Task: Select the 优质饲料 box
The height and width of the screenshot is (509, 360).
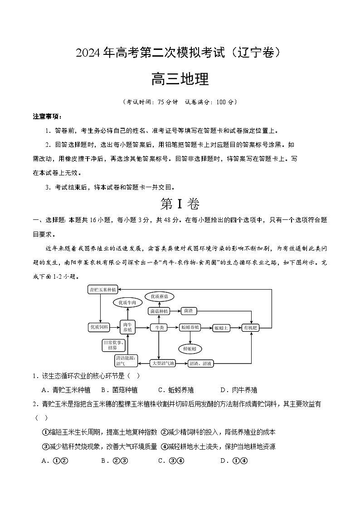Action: point(99,327)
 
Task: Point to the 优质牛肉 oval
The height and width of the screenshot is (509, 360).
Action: point(127,302)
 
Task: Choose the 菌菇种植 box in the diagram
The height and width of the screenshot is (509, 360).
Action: point(159,311)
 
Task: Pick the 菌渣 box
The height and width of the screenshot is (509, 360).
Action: point(188,311)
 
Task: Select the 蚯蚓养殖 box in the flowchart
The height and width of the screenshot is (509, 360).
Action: point(190,327)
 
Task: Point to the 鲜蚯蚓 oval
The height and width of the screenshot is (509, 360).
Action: point(190,348)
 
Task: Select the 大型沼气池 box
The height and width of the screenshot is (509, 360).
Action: point(162,364)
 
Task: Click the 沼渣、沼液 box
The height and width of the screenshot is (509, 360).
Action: point(201,364)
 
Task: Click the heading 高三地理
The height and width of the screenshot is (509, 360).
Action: point(180,79)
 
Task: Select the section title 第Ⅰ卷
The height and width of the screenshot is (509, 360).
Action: point(180,204)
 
